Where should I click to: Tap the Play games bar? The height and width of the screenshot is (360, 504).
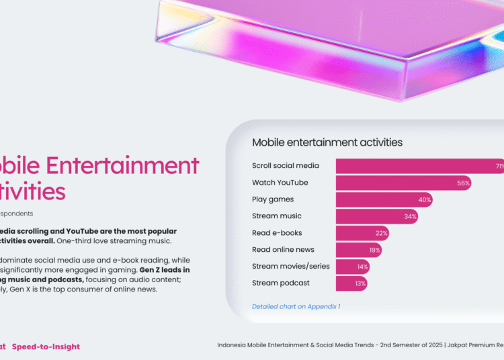point(384,199)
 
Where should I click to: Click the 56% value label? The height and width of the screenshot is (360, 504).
point(463,183)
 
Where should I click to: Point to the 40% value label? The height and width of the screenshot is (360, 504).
point(424,199)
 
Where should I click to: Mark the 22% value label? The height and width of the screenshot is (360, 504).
point(382,233)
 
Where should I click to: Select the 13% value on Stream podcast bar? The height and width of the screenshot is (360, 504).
point(360,283)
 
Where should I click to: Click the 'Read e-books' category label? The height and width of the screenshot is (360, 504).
point(277,233)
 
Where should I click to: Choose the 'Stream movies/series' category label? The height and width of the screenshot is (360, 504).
point(291,267)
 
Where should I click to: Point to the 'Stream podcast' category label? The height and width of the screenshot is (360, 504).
point(281,283)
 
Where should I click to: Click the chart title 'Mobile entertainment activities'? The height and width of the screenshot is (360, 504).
point(327,142)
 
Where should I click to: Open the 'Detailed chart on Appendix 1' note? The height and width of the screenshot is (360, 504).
point(296,306)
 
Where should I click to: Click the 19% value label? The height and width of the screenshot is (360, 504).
point(375,250)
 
